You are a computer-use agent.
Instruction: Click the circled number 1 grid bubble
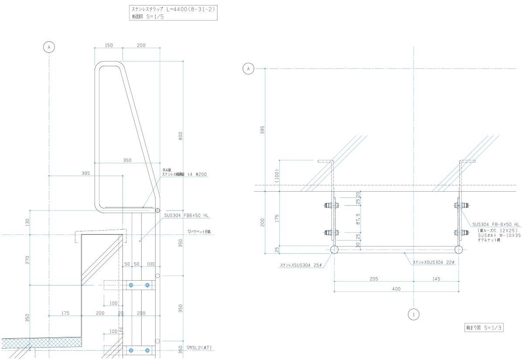tap(414, 314)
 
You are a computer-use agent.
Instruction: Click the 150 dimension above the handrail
tap(109, 45)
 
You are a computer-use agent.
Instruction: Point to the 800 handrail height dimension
tap(180, 136)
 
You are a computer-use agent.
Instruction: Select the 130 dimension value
tap(27, 222)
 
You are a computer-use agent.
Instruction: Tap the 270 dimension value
tap(27, 260)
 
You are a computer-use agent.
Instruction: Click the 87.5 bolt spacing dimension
tap(358, 217)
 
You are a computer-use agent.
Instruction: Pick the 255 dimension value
tap(374, 278)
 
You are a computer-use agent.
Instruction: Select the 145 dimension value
tap(436, 278)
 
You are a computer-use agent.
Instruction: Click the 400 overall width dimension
tap(396, 289)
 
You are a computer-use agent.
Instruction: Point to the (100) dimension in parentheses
tap(276, 175)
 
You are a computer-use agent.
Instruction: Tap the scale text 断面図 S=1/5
tap(147, 17)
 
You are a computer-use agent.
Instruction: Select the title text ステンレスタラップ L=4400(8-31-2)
tap(173, 9)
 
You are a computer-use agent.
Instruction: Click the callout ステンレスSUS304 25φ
tap(300, 265)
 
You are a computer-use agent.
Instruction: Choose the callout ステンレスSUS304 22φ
tap(434, 262)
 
